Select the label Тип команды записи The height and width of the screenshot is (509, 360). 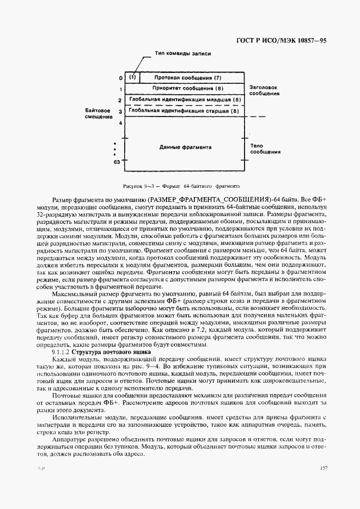click(182, 54)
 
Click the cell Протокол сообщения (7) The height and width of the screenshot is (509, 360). click(187, 77)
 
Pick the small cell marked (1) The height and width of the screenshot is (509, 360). click(132, 77)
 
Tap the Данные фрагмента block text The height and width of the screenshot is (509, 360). click(185, 147)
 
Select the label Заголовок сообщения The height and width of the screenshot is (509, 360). click(265, 90)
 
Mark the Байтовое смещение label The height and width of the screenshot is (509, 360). click(98, 114)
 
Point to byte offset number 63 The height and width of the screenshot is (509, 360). click(117, 162)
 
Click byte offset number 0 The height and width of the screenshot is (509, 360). click(120, 78)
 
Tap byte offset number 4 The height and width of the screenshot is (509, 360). click(120, 124)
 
